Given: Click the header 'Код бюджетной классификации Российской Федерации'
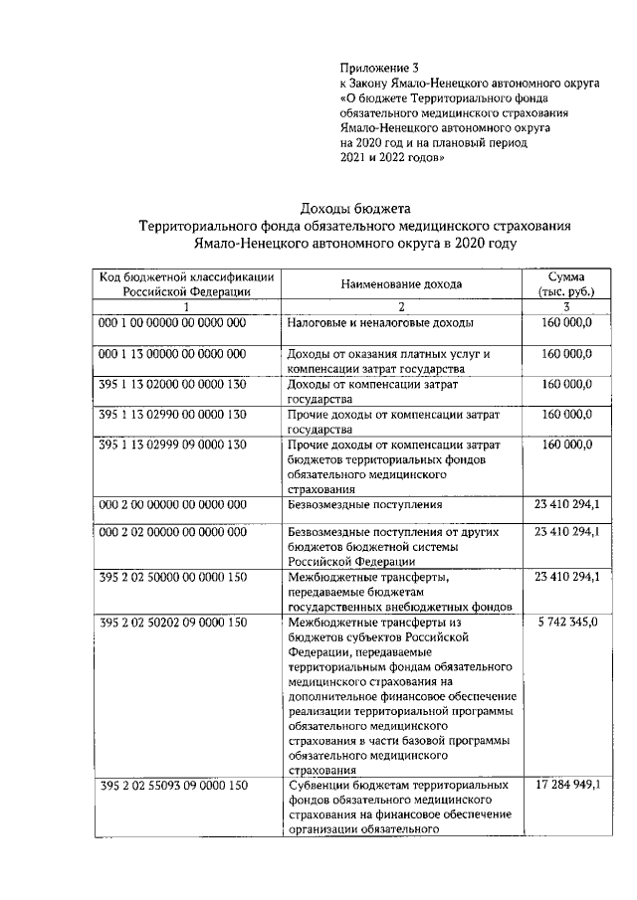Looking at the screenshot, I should [186, 283].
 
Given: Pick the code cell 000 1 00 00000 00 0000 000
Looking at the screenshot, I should [172, 323].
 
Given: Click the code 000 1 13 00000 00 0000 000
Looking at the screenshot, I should [172, 353].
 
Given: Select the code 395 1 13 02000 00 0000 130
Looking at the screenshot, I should [172, 383].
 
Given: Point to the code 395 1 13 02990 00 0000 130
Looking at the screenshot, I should [172, 413].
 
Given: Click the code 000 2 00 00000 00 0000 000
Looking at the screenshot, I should [172, 504].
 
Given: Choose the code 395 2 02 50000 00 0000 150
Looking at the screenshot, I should [172, 576].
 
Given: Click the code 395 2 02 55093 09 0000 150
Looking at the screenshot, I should [172, 786].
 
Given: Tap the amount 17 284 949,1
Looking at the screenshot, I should [566, 786].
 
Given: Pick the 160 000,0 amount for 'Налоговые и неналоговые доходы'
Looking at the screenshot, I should [567, 323].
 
